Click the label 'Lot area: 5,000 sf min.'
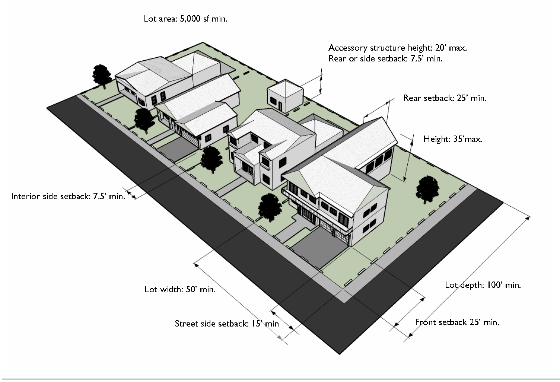point(185,19)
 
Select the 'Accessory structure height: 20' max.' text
point(397,48)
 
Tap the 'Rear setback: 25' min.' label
point(445,98)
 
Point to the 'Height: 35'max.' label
point(453,139)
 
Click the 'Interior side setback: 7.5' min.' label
point(68,196)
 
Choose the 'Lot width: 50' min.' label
point(180,289)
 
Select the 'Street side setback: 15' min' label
point(227,324)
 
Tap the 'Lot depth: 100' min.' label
point(483,285)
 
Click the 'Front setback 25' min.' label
point(457,322)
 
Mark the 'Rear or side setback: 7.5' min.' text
point(385,59)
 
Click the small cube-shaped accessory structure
point(284,95)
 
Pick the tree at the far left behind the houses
point(101,74)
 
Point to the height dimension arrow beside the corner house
point(408,159)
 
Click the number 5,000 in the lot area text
point(190,19)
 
